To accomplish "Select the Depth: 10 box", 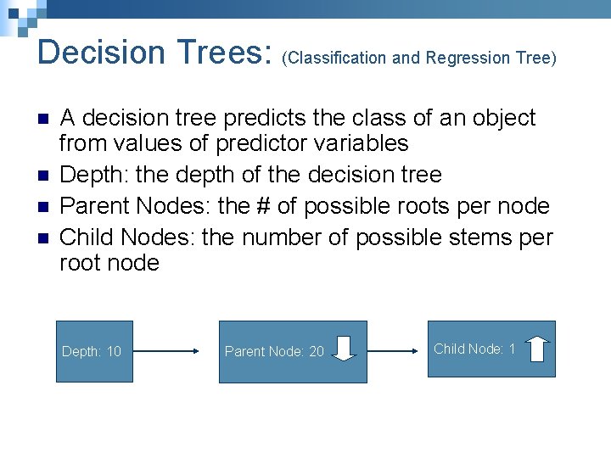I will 94,351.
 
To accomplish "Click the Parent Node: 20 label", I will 273,351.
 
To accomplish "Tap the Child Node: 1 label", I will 474,349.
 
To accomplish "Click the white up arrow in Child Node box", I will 537,348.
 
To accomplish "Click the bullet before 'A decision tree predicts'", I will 44,119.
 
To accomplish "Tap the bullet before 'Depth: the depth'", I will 44,176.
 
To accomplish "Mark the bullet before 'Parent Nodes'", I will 44,206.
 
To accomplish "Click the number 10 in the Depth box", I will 114,351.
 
